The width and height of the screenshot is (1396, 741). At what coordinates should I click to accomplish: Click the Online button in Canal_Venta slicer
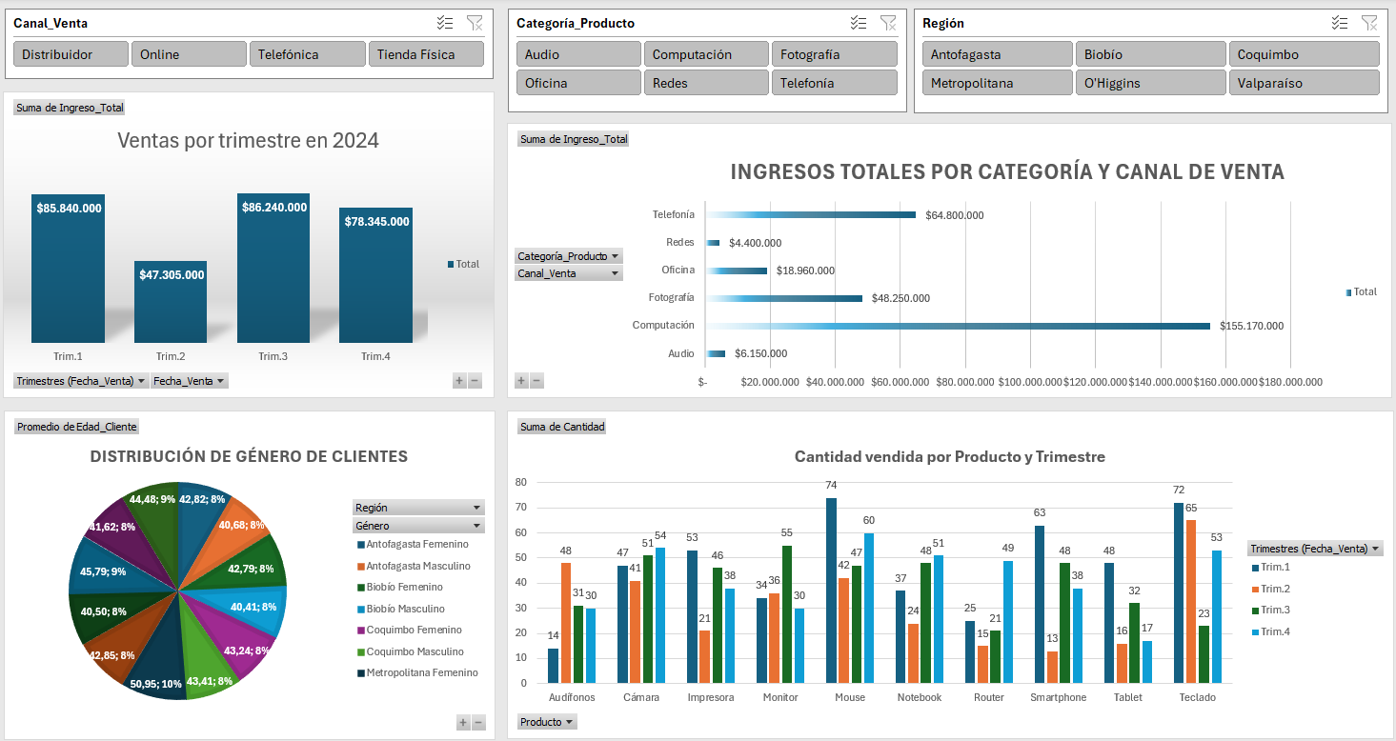coord(189,54)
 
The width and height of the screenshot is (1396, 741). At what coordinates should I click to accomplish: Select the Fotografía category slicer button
coord(834,54)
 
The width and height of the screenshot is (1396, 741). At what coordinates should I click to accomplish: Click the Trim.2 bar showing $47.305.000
coord(171,305)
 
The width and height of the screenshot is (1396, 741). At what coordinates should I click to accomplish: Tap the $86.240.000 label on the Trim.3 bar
coord(273,207)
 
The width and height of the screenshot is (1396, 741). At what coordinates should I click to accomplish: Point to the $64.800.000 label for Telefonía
coord(954,215)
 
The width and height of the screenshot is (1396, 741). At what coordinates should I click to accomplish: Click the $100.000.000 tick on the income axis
coord(1029,382)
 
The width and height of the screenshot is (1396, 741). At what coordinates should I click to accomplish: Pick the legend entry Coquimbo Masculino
coord(415,651)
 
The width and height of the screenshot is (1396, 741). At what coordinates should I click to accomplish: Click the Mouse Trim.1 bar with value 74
coord(831,591)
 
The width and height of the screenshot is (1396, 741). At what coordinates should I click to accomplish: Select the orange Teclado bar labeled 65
coord(1191,601)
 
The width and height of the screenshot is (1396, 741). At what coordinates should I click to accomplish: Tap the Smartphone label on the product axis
coord(1058,697)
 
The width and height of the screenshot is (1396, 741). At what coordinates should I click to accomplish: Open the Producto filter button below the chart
coord(547,722)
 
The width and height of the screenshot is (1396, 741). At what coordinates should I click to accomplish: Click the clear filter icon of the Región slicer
coord(1369,23)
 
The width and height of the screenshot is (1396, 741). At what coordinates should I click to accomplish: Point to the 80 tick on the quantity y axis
coord(520,482)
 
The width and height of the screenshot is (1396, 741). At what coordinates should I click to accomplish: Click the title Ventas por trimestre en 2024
coord(248,141)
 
